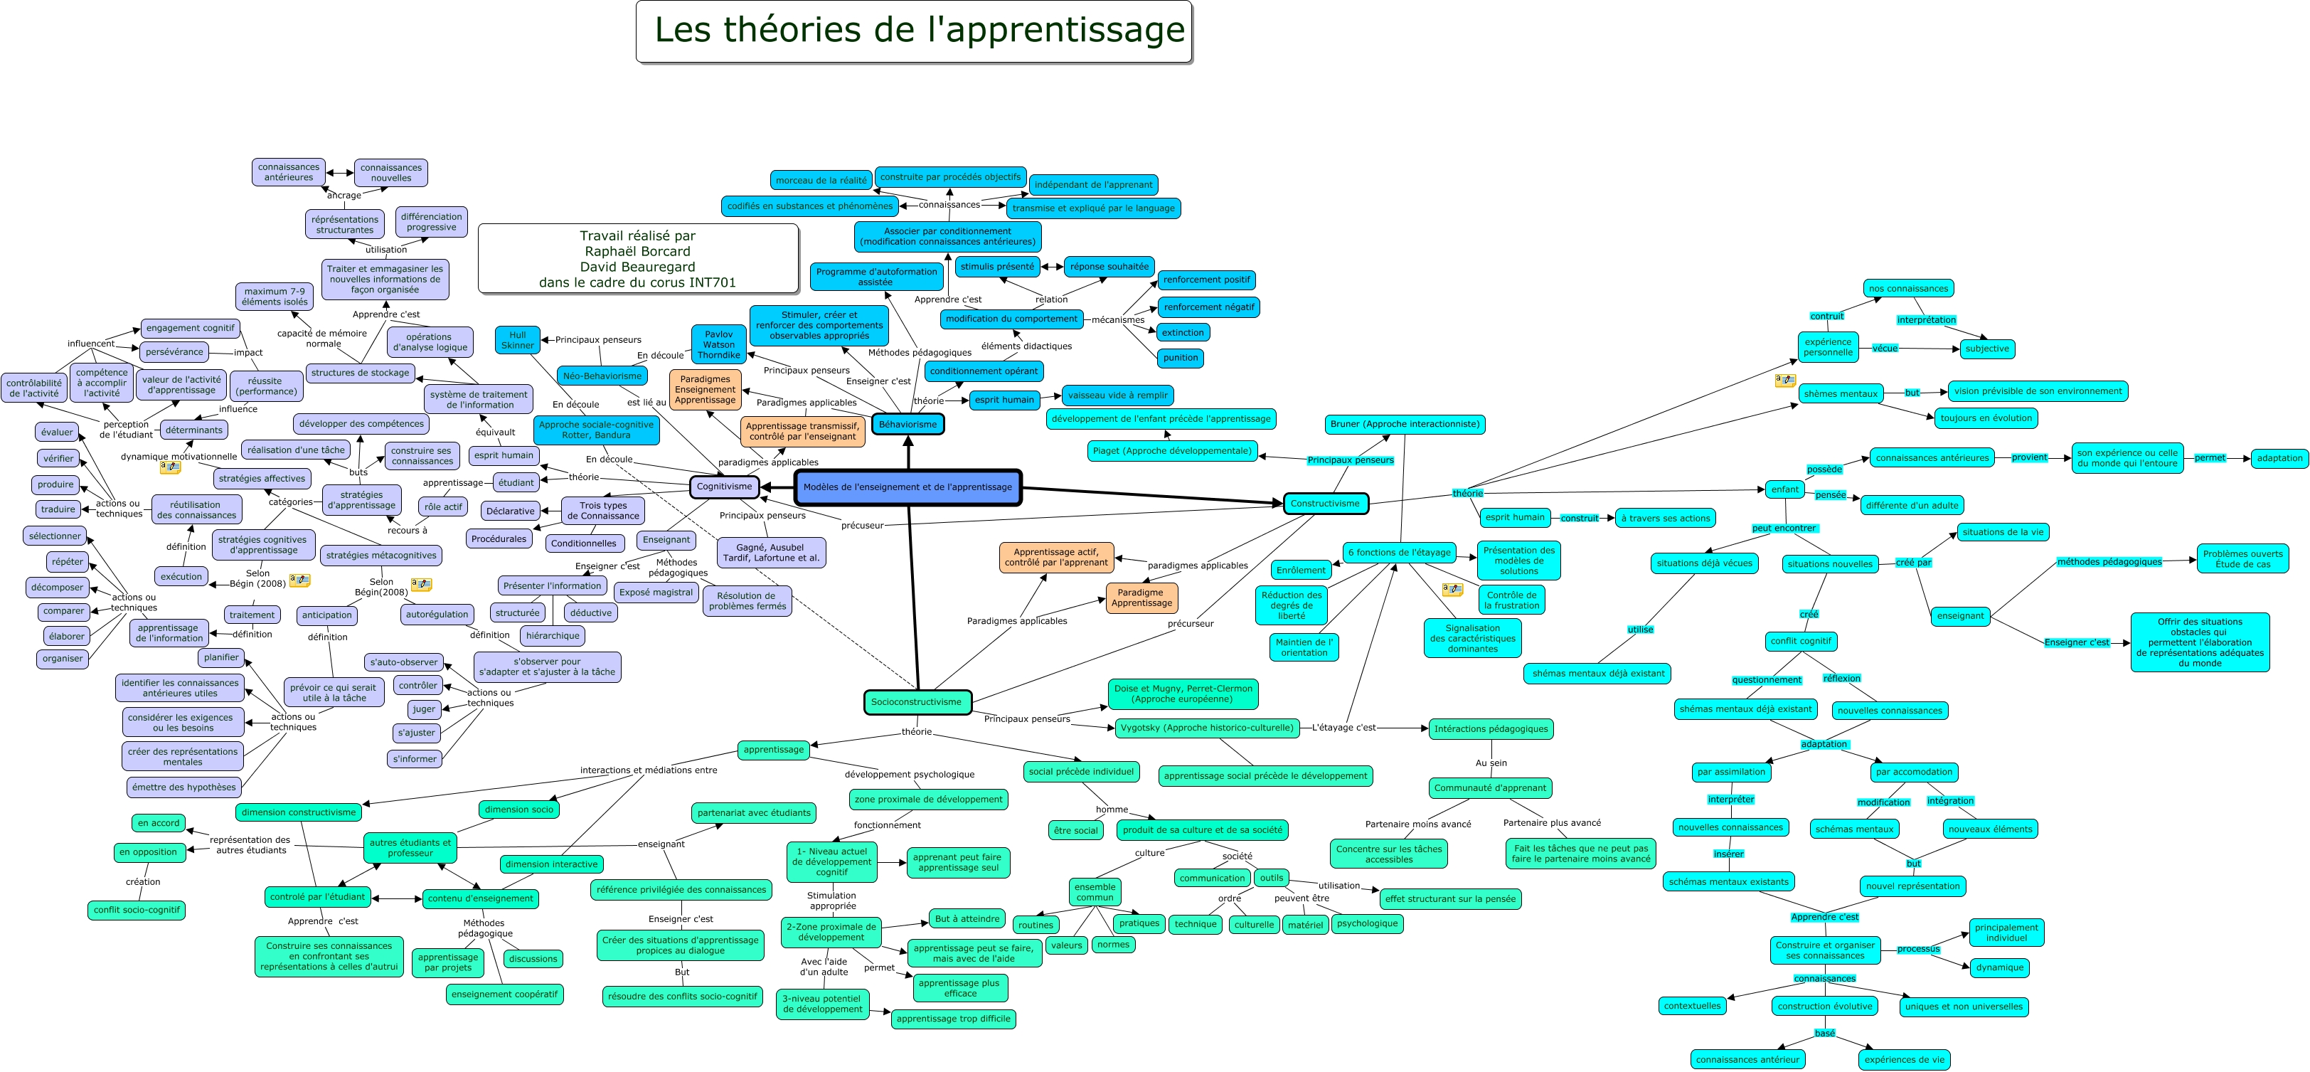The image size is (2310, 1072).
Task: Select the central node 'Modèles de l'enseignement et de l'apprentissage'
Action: [x=907, y=487]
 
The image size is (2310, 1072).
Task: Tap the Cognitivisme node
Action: [x=725, y=487]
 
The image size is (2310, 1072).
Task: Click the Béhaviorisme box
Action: [x=907, y=424]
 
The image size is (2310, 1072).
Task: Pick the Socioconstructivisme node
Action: [x=917, y=702]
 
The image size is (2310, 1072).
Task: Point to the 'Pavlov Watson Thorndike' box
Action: [x=718, y=344]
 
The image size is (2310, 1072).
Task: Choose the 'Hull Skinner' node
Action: [x=518, y=340]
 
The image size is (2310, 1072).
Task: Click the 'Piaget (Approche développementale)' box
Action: [x=1172, y=451]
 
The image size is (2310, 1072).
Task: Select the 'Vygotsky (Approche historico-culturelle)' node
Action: [x=1207, y=728]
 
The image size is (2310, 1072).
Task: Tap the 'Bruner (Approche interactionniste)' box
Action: [x=1405, y=424]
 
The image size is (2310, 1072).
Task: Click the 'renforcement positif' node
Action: [x=1206, y=280]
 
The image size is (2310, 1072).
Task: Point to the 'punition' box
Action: [x=1180, y=358]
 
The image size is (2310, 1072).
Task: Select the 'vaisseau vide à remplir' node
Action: [x=1117, y=395]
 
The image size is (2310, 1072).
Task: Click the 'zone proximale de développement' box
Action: [x=928, y=800]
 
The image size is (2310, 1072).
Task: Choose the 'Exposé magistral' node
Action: [x=656, y=592]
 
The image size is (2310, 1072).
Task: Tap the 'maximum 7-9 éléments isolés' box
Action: [x=275, y=297]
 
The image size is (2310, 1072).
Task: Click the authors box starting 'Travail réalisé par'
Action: [x=637, y=258]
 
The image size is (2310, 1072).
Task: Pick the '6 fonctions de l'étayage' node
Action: [x=1399, y=553]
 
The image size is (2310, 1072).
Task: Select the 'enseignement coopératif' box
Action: [x=504, y=994]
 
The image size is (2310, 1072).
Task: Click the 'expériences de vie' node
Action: [x=1904, y=1059]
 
